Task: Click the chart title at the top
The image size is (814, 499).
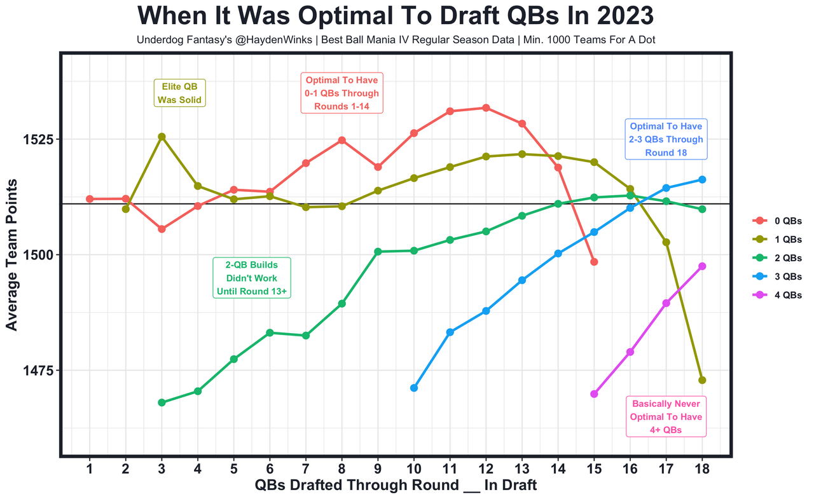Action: coord(395,16)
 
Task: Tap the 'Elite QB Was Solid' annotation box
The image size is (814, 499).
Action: coord(180,93)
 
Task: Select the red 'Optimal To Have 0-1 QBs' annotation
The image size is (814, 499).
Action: coord(341,93)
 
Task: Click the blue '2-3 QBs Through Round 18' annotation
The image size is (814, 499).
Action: coord(665,139)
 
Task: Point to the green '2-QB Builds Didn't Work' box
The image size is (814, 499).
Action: coord(251,278)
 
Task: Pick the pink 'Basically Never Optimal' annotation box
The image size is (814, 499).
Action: coord(666,417)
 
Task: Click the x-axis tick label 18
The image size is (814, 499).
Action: coord(702,469)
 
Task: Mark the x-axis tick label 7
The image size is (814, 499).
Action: coord(306,469)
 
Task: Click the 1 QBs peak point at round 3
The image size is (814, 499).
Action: coord(162,137)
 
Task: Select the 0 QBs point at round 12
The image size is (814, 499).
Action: coord(486,108)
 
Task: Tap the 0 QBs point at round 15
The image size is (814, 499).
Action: coord(594,262)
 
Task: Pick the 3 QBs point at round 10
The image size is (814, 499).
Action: coord(414,388)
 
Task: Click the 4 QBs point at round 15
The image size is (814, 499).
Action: coord(594,394)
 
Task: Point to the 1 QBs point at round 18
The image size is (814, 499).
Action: coord(702,380)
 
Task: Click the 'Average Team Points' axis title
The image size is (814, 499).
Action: coord(12,254)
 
